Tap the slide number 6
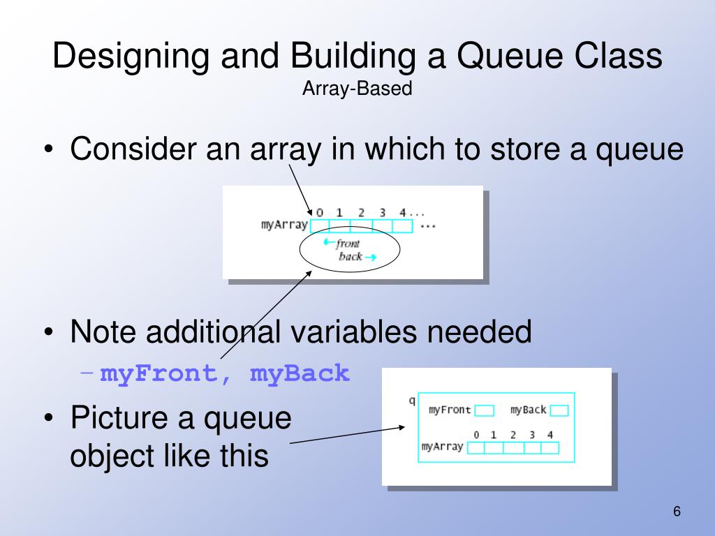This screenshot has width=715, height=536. (x=677, y=512)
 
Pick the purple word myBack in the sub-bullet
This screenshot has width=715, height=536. (x=300, y=373)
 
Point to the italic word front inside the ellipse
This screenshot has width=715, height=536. (x=348, y=244)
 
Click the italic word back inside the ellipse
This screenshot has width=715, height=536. (x=350, y=257)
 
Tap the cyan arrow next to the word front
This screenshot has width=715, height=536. (x=328, y=243)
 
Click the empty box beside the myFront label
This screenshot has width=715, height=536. (x=485, y=410)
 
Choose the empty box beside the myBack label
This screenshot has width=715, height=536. (x=559, y=410)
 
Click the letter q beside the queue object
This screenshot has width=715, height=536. (x=411, y=401)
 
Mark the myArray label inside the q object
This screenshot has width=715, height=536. (x=442, y=447)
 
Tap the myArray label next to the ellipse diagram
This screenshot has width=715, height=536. (x=284, y=225)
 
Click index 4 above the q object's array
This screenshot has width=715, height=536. (x=550, y=434)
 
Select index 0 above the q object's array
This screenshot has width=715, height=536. (x=476, y=434)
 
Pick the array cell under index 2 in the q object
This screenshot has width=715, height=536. (x=513, y=447)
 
